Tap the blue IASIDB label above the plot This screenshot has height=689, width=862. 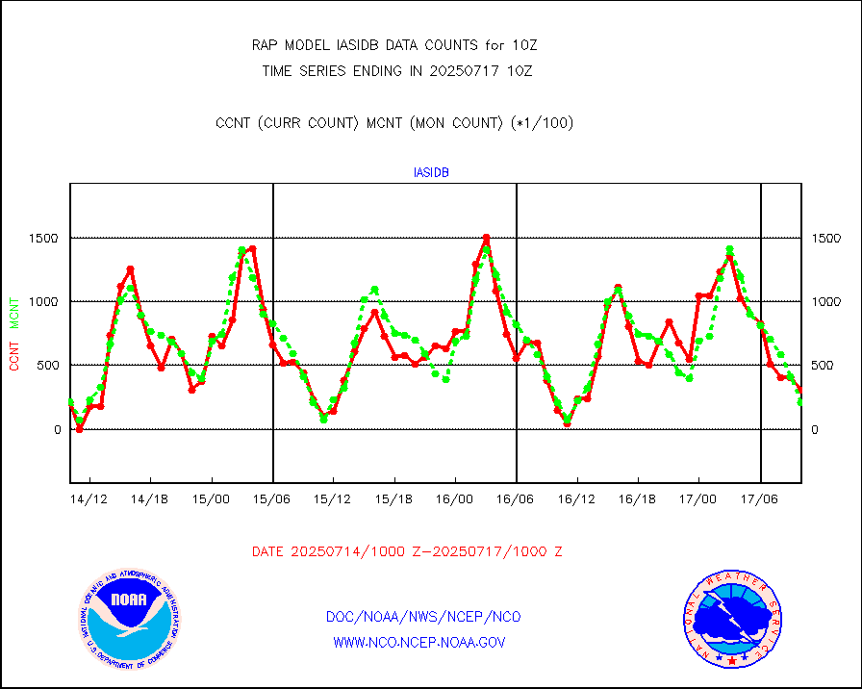tap(431, 173)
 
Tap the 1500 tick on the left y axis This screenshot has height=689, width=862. tap(45, 238)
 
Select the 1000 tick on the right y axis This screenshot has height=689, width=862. tap(826, 301)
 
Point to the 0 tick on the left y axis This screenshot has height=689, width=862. tap(57, 429)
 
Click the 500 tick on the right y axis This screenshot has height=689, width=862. tap(823, 366)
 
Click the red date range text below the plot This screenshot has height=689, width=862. tap(407, 551)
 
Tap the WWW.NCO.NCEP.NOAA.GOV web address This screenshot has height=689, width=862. tap(418, 642)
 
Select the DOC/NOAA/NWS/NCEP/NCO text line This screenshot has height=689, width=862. tap(424, 617)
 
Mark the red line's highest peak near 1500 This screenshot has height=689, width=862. tap(486, 238)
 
